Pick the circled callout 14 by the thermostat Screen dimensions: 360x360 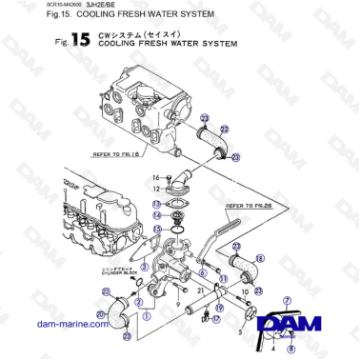[156, 215]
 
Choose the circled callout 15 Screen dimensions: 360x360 [156, 230]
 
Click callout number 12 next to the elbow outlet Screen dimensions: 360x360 [156, 190]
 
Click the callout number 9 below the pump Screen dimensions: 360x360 [178, 303]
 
